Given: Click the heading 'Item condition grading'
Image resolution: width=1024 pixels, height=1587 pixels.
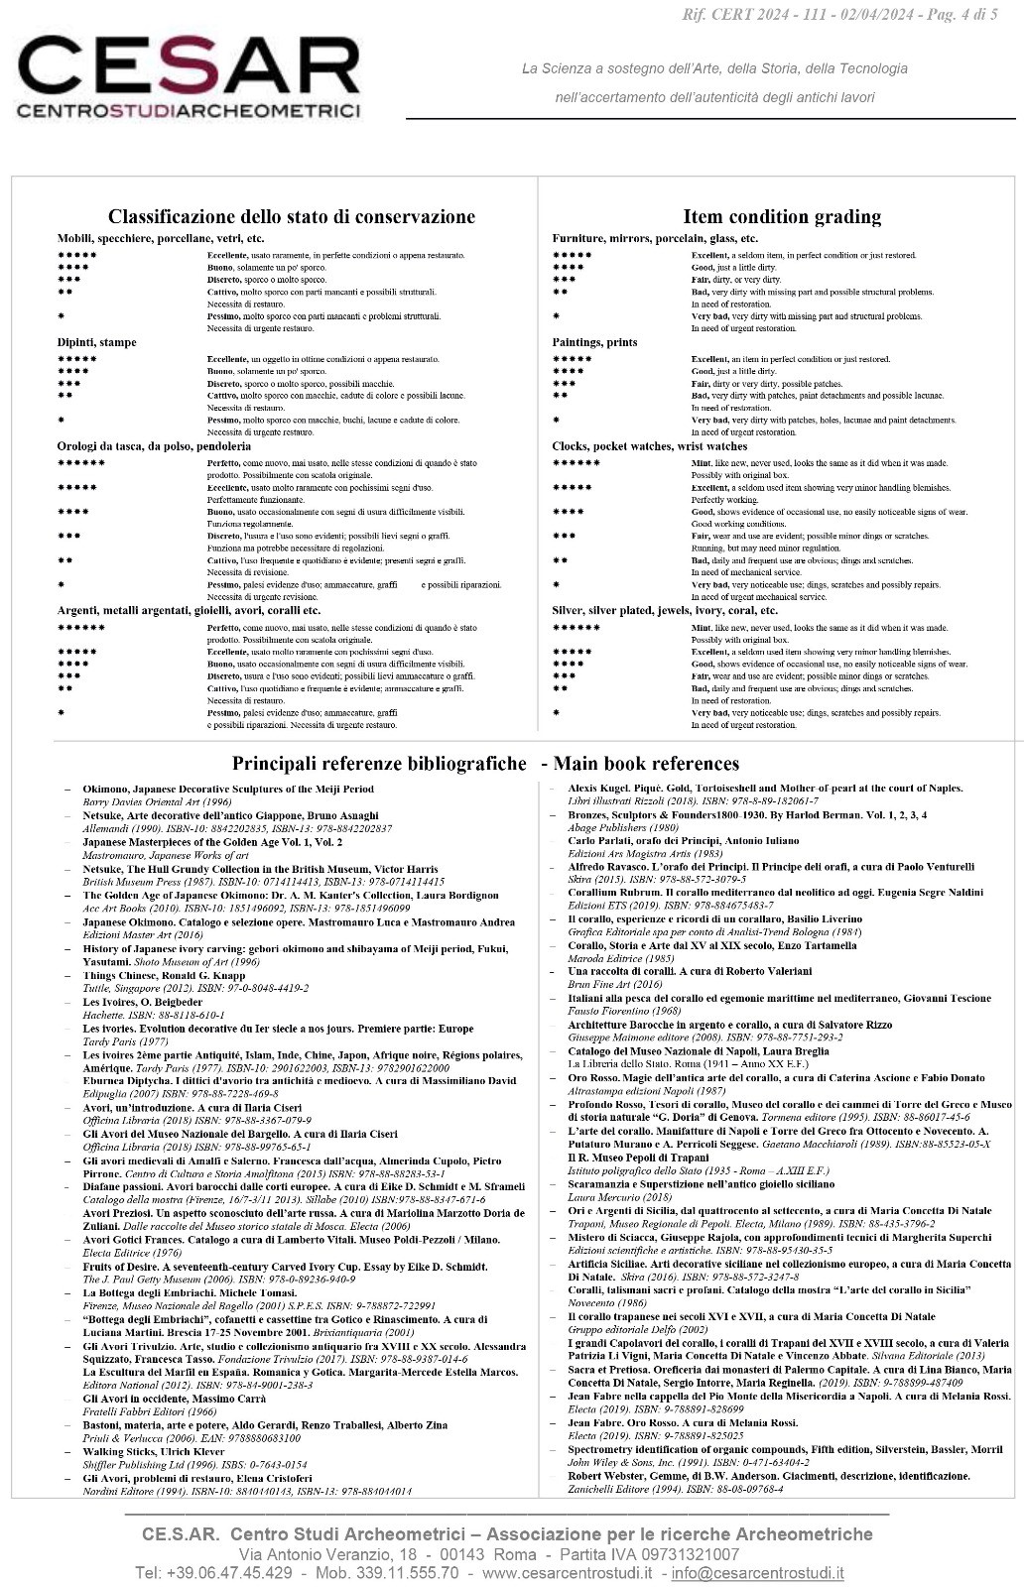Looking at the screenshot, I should point(781,216).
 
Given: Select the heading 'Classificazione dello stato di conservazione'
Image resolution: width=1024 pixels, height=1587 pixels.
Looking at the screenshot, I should point(291,216).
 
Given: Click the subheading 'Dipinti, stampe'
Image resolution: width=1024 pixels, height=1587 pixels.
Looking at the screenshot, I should point(96,342).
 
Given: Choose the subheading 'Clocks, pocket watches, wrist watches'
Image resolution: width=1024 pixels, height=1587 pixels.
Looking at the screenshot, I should point(649,446).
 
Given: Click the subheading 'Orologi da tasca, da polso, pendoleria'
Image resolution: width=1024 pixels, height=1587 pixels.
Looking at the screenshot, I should point(154,446).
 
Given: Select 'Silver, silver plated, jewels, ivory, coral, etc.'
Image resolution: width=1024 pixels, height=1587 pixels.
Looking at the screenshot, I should point(665,610).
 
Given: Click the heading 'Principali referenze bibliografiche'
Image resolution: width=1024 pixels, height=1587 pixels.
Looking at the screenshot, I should point(379,763).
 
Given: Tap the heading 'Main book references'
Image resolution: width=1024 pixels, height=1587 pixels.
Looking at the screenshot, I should point(646,763).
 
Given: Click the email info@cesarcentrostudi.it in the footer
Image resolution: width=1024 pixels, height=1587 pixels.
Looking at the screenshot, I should point(757,1572).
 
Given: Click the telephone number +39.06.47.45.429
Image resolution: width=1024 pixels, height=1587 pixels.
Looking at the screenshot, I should point(213,1572).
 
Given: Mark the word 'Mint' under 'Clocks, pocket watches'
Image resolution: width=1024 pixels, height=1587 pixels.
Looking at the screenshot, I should point(701,463).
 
